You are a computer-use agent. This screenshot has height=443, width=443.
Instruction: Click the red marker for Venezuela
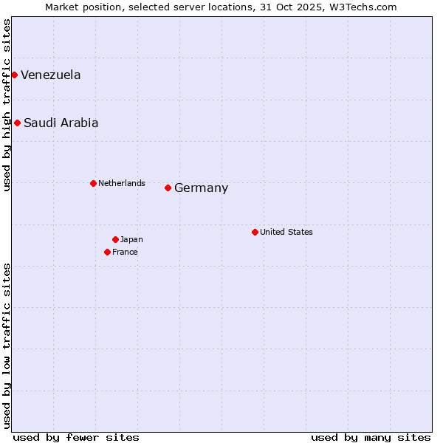(14, 75)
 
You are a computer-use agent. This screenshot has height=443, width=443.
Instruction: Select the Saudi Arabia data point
(17, 123)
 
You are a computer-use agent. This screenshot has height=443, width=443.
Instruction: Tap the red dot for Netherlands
(93, 183)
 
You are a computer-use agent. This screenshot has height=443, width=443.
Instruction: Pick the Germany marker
(168, 188)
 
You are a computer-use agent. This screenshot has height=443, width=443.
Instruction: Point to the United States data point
(255, 232)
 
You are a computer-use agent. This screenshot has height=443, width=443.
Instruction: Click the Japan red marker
(115, 239)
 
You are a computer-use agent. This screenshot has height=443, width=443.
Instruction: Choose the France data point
(107, 252)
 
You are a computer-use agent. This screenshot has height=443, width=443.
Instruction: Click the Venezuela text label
(50, 75)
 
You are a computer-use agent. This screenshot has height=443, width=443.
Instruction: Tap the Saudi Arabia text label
(61, 123)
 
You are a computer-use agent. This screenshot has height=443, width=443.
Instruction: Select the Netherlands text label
(122, 183)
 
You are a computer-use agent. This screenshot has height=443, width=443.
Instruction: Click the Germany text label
(201, 188)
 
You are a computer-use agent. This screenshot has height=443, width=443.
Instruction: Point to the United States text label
(286, 232)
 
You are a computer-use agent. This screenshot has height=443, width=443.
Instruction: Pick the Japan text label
(131, 239)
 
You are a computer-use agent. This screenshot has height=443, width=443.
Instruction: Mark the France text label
(125, 252)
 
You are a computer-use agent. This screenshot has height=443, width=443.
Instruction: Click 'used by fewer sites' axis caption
(76, 437)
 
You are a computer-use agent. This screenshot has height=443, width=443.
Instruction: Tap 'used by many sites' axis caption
(371, 437)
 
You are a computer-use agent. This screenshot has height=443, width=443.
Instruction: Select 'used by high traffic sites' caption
(7, 105)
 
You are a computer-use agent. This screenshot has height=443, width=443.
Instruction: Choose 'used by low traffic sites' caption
(7, 346)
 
